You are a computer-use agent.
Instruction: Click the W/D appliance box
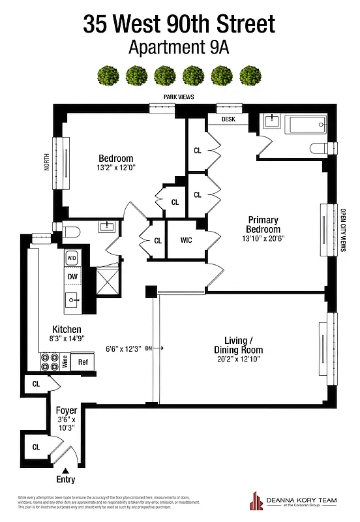72,258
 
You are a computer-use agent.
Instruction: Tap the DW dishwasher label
72,277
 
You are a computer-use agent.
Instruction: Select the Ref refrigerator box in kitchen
83,361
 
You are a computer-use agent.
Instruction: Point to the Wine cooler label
65,361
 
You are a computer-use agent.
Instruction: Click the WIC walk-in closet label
186,240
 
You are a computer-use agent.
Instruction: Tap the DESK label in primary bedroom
228,119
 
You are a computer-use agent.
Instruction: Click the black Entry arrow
66,469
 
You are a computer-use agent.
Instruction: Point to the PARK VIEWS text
180,97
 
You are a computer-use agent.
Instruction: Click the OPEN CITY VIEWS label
343,230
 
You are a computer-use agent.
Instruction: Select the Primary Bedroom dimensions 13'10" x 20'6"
263,239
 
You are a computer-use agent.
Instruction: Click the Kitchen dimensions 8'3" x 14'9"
67,338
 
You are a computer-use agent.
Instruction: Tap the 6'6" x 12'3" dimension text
123,348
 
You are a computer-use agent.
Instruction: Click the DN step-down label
149,348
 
